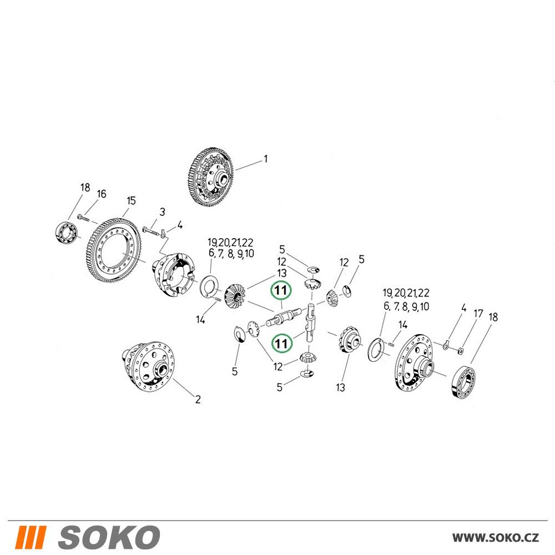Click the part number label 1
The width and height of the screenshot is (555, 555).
[x=266, y=159]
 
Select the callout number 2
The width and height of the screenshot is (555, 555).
[x=198, y=400]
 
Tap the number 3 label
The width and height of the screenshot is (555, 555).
[x=162, y=212]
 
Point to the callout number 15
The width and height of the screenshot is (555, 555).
[x=131, y=201]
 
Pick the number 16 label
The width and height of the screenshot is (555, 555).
[x=101, y=194]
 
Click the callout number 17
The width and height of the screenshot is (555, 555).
[x=478, y=313]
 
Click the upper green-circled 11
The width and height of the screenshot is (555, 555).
[x=281, y=291]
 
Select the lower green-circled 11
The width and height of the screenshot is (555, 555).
[x=281, y=343]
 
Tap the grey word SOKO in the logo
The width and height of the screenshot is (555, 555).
[x=109, y=537]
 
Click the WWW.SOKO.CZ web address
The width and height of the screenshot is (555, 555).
[x=496, y=538]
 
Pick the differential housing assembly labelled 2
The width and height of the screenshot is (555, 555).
[x=148, y=366]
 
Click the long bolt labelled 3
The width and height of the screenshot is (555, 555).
[x=151, y=231]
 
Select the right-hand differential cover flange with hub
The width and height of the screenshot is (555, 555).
[x=415, y=363]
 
